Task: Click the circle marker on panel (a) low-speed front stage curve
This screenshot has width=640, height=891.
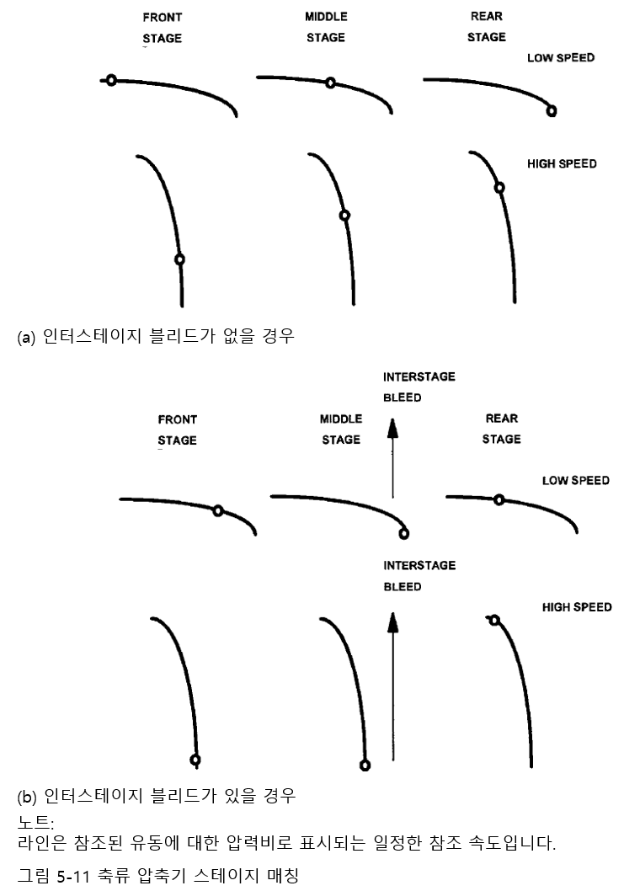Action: (x=110, y=80)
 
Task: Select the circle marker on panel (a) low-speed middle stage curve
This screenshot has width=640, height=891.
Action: (x=331, y=83)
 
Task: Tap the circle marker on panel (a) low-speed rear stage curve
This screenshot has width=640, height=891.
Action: (x=551, y=110)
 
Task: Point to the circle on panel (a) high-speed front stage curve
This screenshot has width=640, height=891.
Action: (x=179, y=259)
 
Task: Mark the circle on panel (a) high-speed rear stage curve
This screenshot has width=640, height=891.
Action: (x=499, y=187)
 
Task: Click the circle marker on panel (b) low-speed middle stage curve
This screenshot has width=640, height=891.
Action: (x=403, y=533)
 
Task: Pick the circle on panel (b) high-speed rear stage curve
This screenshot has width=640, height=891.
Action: (x=494, y=621)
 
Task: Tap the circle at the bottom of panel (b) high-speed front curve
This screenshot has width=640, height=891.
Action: (x=195, y=760)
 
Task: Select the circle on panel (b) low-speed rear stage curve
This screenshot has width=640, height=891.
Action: (x=499, y=499)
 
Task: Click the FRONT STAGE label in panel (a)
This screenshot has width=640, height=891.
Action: (x=162, y=28)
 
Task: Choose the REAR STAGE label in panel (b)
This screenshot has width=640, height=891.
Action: (x=502, y=429)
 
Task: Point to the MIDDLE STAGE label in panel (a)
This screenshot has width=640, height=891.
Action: (x=326, y=27)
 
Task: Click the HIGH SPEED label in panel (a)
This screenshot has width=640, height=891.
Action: (x=562, y=163)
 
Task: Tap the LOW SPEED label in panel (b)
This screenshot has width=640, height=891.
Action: (x=575, y=480)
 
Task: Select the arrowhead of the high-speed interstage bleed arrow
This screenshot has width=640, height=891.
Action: (x=392, y=622)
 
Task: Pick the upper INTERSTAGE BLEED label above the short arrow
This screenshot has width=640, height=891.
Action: (x=419, y=387)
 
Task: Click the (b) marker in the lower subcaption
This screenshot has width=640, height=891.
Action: (x=27, y=796)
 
